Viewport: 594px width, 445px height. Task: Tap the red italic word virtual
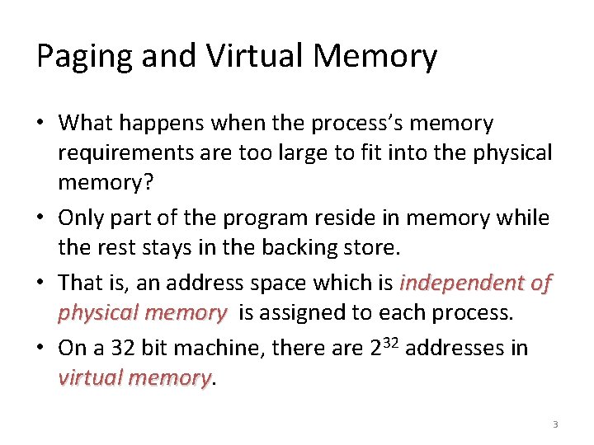coord(87,377)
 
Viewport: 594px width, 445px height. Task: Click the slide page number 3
coord(555,424)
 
